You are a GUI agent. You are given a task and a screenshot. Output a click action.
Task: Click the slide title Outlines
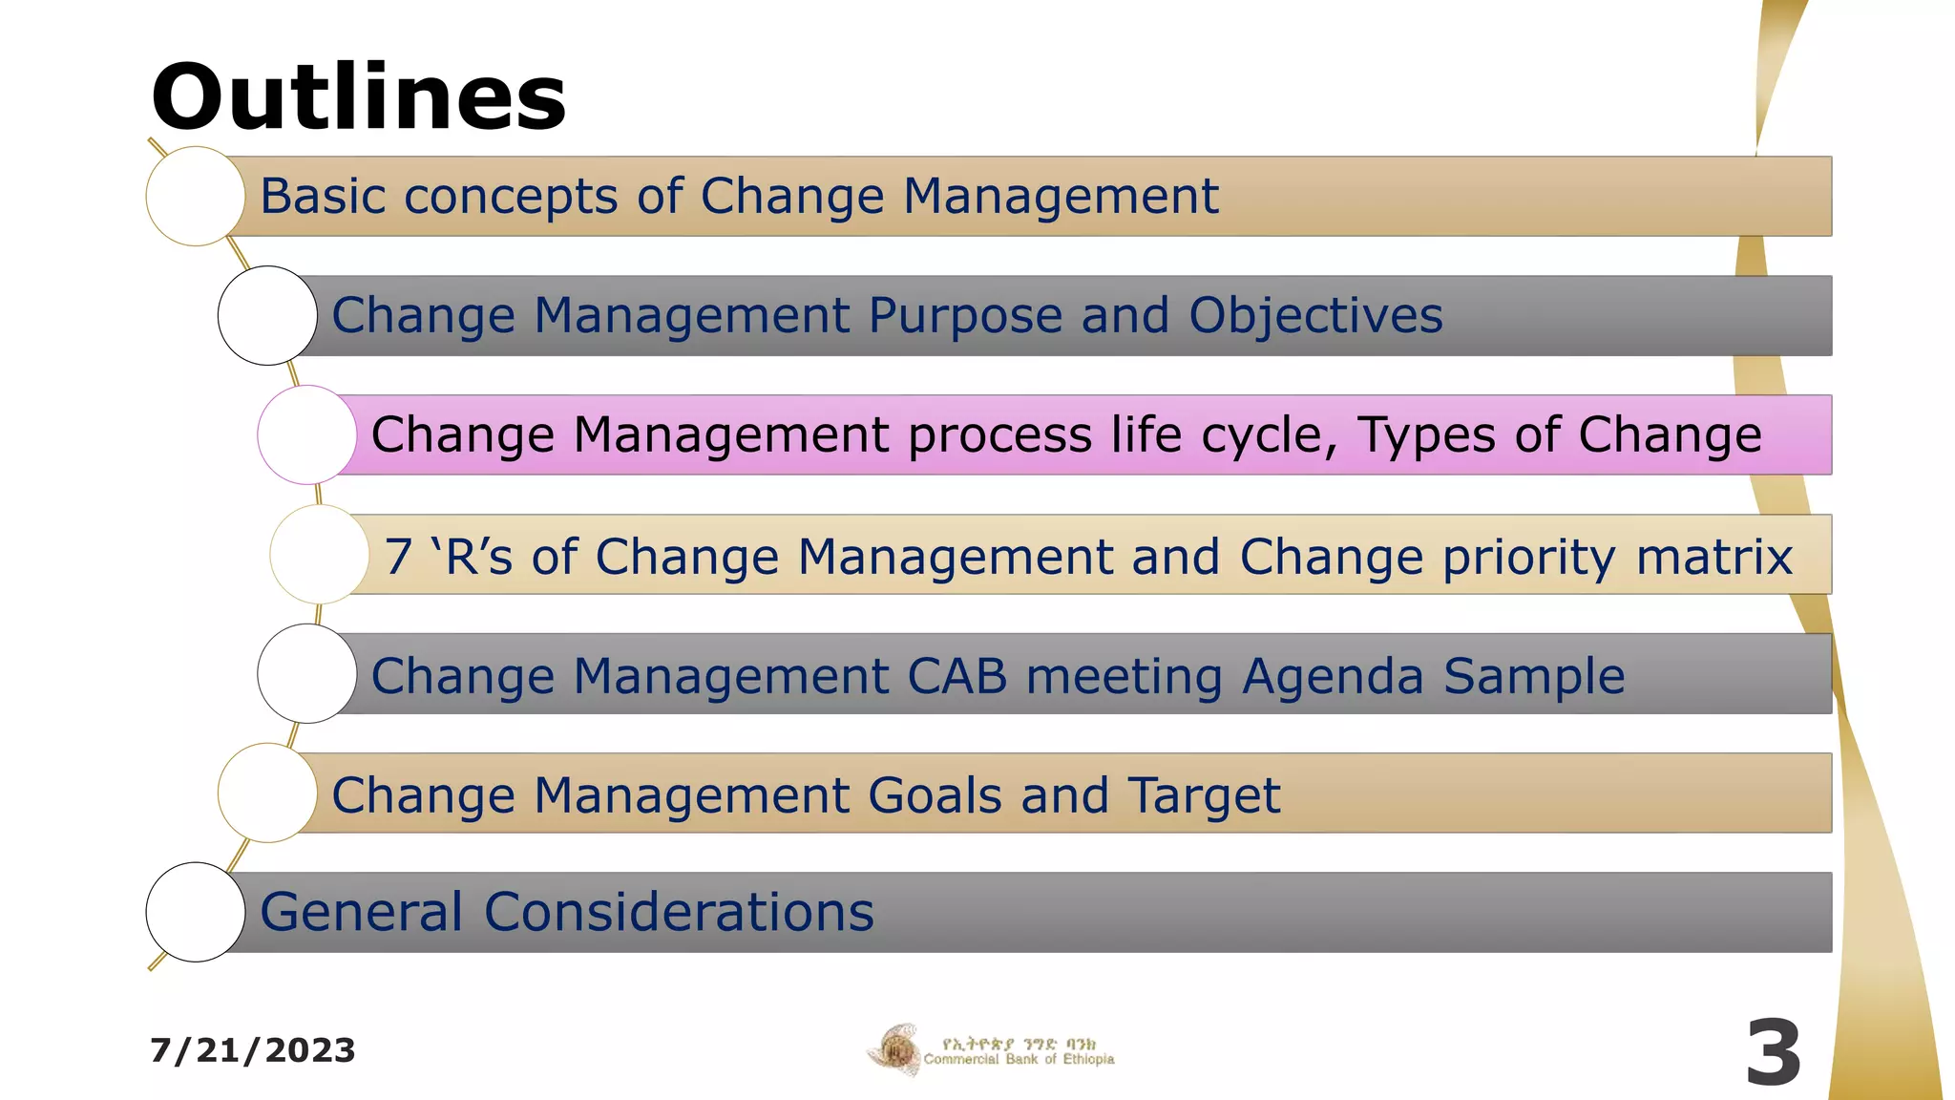(x=358, y=97)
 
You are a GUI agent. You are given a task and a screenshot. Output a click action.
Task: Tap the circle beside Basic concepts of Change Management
(x=196, y=196)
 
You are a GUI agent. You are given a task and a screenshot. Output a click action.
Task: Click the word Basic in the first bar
(x=322, y=197)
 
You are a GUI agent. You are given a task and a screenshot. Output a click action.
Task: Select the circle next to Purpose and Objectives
(x=267, y=315)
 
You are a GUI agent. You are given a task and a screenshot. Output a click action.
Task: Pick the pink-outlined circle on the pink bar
(x=307, y=434)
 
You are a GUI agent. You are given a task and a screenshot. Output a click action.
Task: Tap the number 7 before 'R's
(x=398, y=556)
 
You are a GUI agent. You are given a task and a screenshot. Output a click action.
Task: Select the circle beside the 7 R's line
(x=320, y=554)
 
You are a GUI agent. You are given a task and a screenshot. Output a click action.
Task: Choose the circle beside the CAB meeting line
(x=307, y=673)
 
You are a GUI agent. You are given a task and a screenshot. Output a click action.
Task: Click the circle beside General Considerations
(x=196, y=912)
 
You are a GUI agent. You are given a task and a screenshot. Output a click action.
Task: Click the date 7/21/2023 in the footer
(x=253, y=1050)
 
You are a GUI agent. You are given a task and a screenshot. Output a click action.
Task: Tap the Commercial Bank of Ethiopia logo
(x=990, y=1051)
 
